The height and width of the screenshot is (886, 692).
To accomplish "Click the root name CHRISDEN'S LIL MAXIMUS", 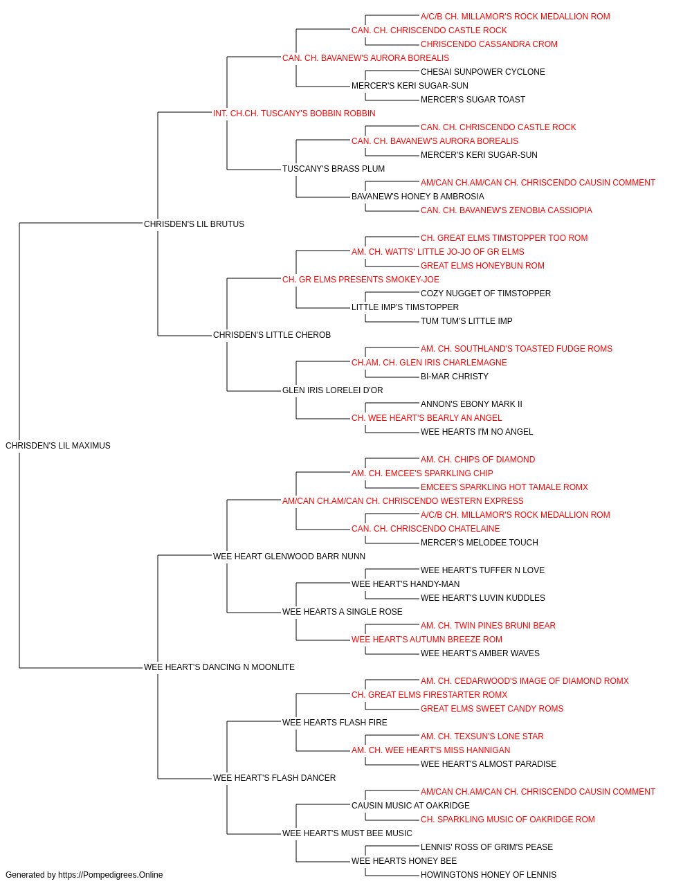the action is pos(58,445).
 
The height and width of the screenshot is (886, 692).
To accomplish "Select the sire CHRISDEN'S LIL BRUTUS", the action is pos(194,224).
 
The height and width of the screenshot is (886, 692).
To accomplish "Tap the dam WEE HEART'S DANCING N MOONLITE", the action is pos(219,667).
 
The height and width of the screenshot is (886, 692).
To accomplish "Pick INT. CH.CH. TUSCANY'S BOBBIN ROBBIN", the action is pos(294,114).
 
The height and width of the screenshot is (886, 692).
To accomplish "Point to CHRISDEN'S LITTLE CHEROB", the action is pos(272,335).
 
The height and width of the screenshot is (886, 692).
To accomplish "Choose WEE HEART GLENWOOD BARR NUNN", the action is pos(289,556).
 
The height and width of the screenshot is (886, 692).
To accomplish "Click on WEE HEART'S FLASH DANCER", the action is pos(274,777).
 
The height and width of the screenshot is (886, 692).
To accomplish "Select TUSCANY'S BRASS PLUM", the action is pos(334,168).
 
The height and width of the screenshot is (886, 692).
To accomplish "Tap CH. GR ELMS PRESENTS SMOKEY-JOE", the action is pos(361,279).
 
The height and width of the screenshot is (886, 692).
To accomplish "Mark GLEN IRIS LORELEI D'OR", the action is pos(333,390).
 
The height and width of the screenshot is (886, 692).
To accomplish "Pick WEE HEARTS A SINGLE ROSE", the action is pos(343,612).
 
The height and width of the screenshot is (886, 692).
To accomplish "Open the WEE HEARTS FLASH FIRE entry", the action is pos(335,723).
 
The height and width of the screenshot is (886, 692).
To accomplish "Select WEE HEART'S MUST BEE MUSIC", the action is pos(347,833).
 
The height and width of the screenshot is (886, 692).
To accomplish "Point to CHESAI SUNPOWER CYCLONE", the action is pos(483,72).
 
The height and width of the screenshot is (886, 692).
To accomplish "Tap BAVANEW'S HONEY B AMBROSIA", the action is pos(418,196).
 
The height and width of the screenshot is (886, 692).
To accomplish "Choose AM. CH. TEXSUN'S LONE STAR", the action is pos(482,736).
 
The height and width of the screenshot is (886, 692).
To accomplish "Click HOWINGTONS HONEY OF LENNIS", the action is pos(489,875).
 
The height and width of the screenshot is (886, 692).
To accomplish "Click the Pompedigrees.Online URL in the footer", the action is pos(111,875).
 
